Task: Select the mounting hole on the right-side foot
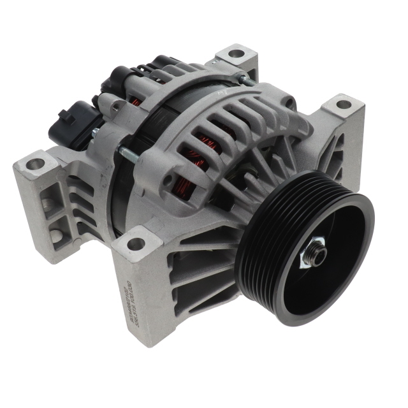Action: point(343,105)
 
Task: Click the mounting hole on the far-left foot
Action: point(34,164)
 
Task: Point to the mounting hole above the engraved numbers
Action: point(135,243)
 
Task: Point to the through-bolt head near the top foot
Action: point(244,79)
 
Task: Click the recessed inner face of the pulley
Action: point(319,280)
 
